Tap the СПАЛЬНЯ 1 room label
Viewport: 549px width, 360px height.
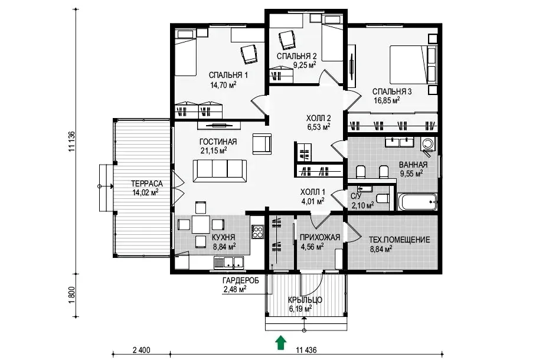click(228, 75)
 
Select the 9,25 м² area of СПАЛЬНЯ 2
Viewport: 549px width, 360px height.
click(305, 64)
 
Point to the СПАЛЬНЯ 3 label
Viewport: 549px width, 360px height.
click(392, 91)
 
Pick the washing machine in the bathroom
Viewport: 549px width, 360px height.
click(428, 145)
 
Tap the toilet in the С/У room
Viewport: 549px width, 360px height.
click(383, 198)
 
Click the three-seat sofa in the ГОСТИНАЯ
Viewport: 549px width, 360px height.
click(220, 171)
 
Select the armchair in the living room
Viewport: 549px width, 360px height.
click(262, 143)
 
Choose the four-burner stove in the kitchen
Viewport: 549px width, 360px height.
click(258, 231)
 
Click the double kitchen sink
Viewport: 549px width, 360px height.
click(228, 262)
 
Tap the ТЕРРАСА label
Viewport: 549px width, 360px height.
click(147, 184)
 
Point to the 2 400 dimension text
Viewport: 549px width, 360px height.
click(142, 350)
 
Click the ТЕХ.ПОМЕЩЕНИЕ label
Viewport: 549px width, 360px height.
click(399, 240)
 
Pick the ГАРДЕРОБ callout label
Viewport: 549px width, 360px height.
click(240, 280)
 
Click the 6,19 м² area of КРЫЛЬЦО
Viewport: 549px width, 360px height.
click(300, 309)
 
